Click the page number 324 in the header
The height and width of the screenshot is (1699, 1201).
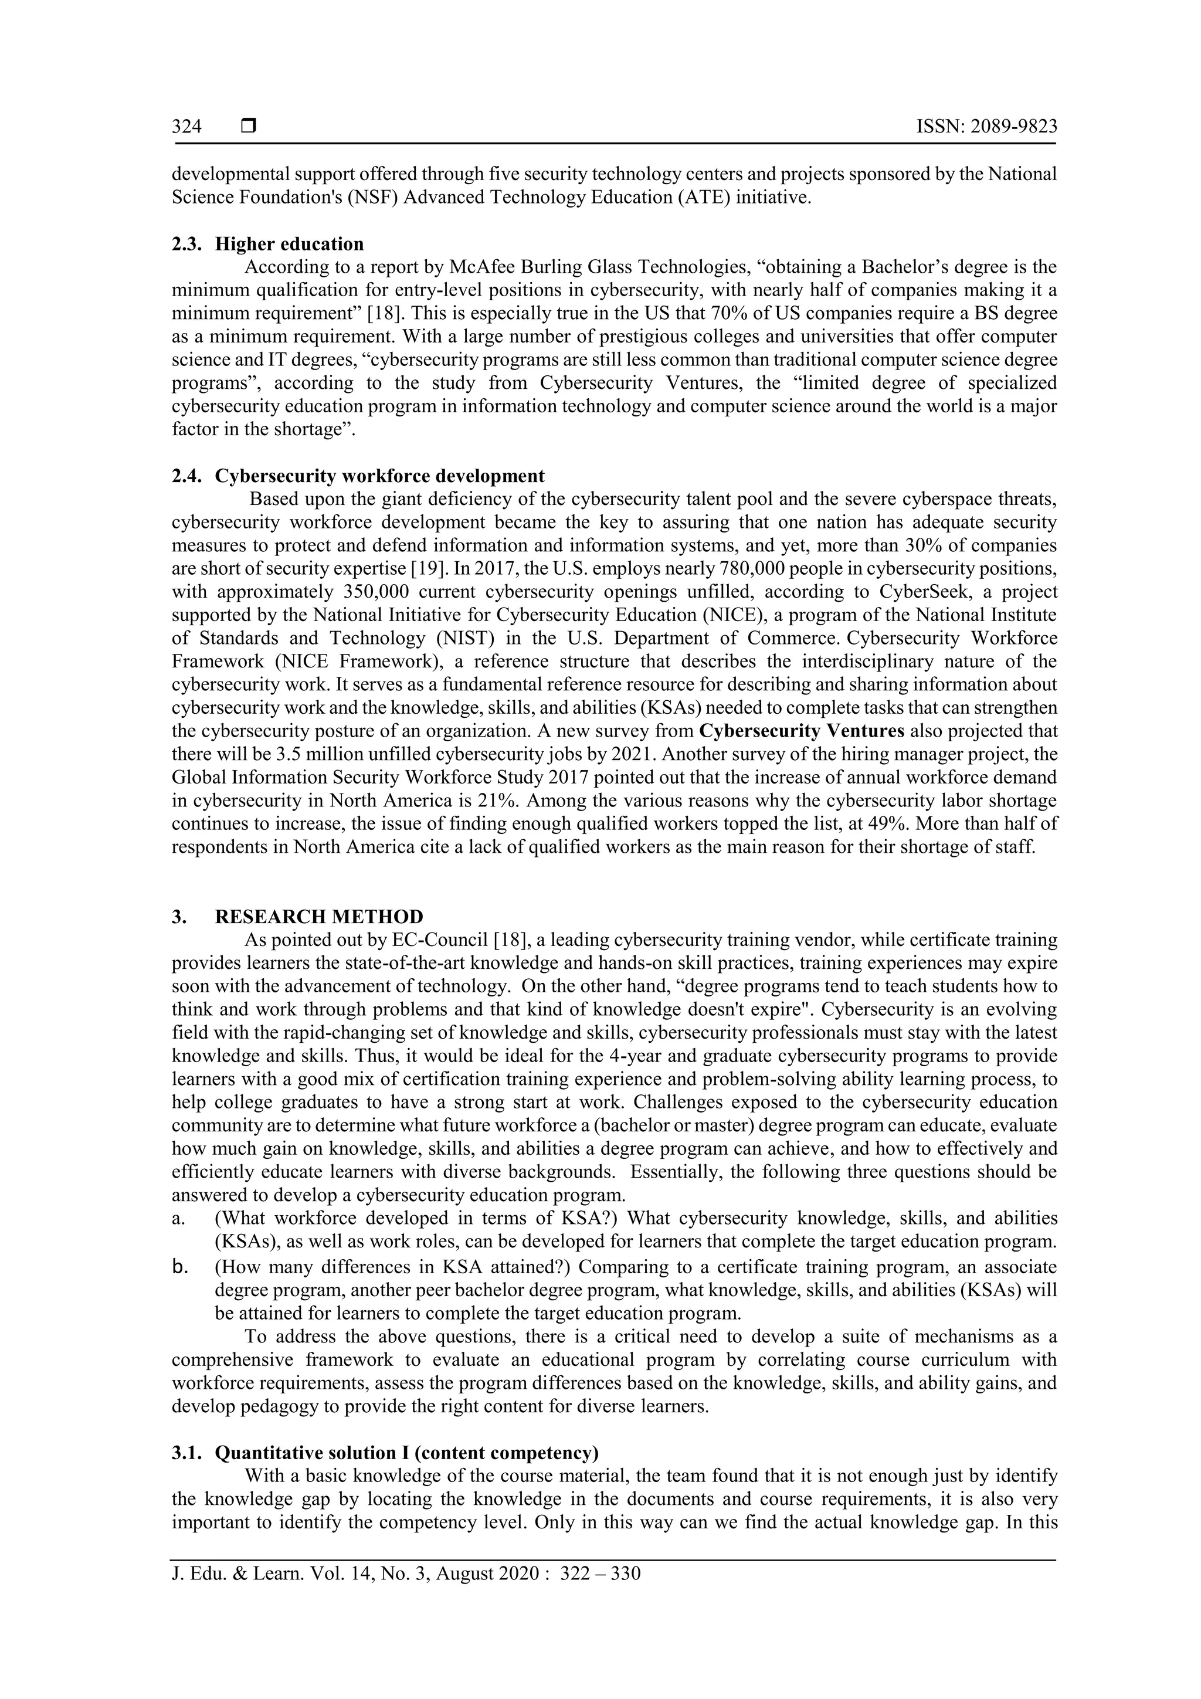(x=186, y=127)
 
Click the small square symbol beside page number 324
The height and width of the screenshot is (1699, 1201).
(x=249, y=127)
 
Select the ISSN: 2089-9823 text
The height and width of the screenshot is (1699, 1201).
(x=986, y=127)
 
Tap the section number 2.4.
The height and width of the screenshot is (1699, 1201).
(x=186, y=476)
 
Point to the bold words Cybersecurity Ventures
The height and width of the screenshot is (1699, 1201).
(x=802, y=731)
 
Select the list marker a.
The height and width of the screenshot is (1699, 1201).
(x=178, y=1219)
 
